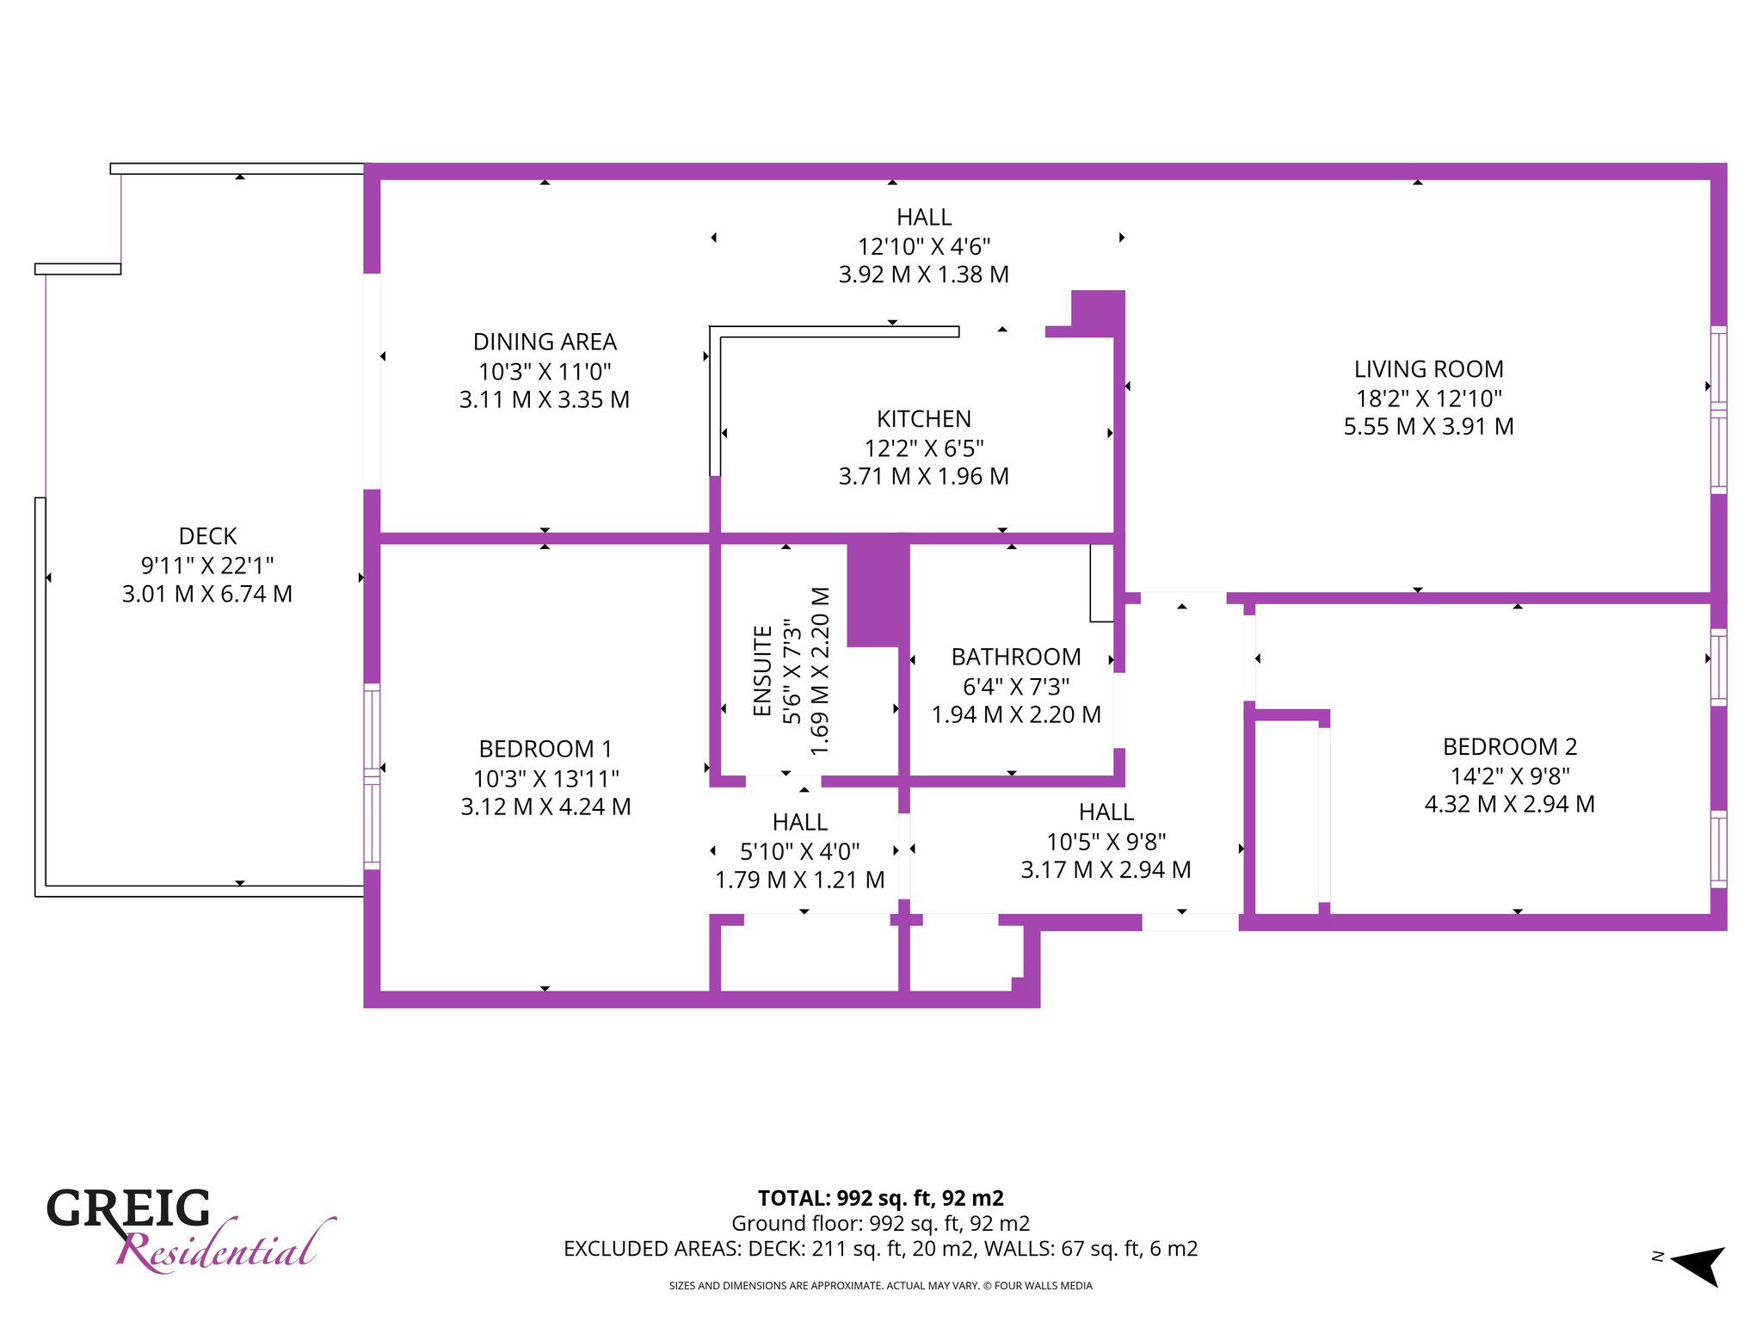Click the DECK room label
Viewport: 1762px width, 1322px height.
(207, 536)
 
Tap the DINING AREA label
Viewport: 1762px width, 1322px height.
(545, 342)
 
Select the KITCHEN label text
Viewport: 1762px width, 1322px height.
(924, 419)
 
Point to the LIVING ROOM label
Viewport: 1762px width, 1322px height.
(1429, 369)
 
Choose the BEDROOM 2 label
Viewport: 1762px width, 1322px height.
(1510, 746)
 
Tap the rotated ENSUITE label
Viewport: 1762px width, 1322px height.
(762, 670)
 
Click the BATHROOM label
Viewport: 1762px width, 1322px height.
(1016, 657)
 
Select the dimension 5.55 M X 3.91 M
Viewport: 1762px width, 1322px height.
(1429, 426)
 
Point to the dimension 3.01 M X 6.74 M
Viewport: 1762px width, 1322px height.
(207, 594)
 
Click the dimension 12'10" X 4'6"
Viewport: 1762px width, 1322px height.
(924, 246)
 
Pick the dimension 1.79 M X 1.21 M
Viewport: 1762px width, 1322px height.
(800, 880)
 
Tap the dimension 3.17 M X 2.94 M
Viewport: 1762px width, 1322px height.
(1106, 869)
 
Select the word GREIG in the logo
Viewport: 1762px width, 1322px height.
(128, 1208)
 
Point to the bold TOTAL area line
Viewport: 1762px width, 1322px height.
(881, 1198)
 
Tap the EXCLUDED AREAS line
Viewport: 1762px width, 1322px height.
(881, 1249)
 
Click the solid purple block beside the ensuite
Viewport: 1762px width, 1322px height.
(878, 594)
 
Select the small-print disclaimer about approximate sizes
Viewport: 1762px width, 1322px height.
(881, 1286)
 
